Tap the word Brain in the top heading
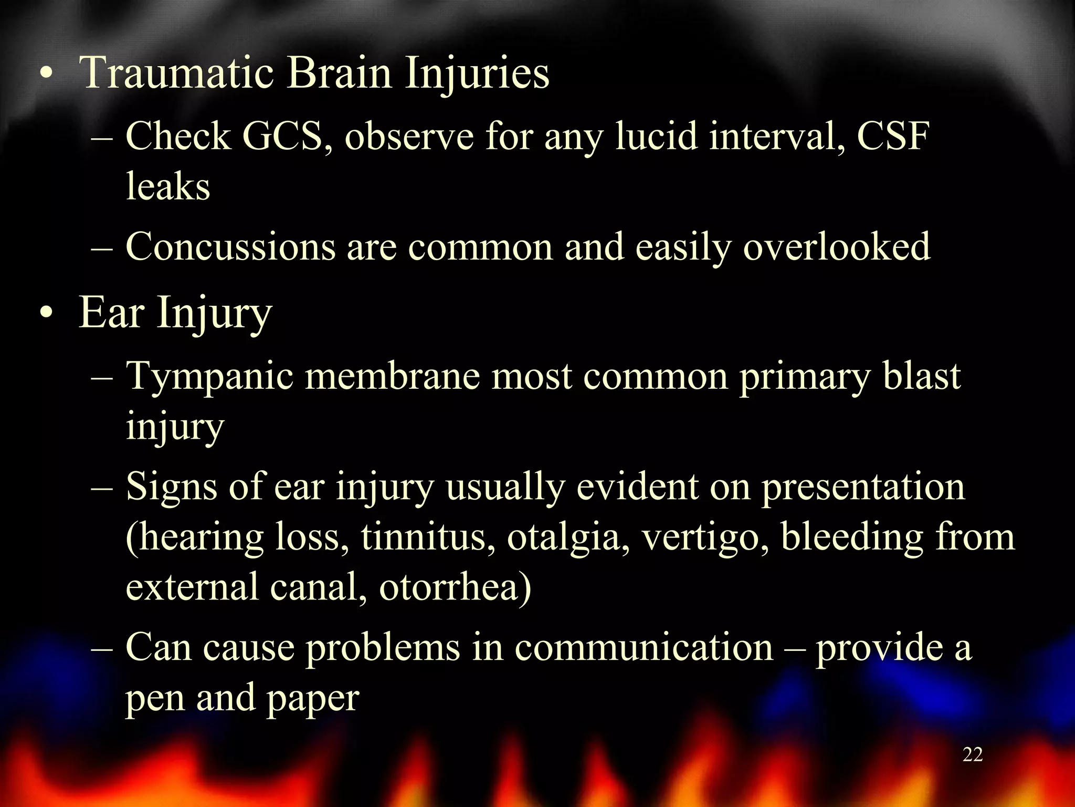pos(339,74)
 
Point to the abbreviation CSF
pos(893,137)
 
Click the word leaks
pos(168,187)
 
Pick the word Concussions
pos(230,247)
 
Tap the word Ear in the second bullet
pos(111,313)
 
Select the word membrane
pos(392,377)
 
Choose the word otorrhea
pos(455,587)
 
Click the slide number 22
pos(973,755)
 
